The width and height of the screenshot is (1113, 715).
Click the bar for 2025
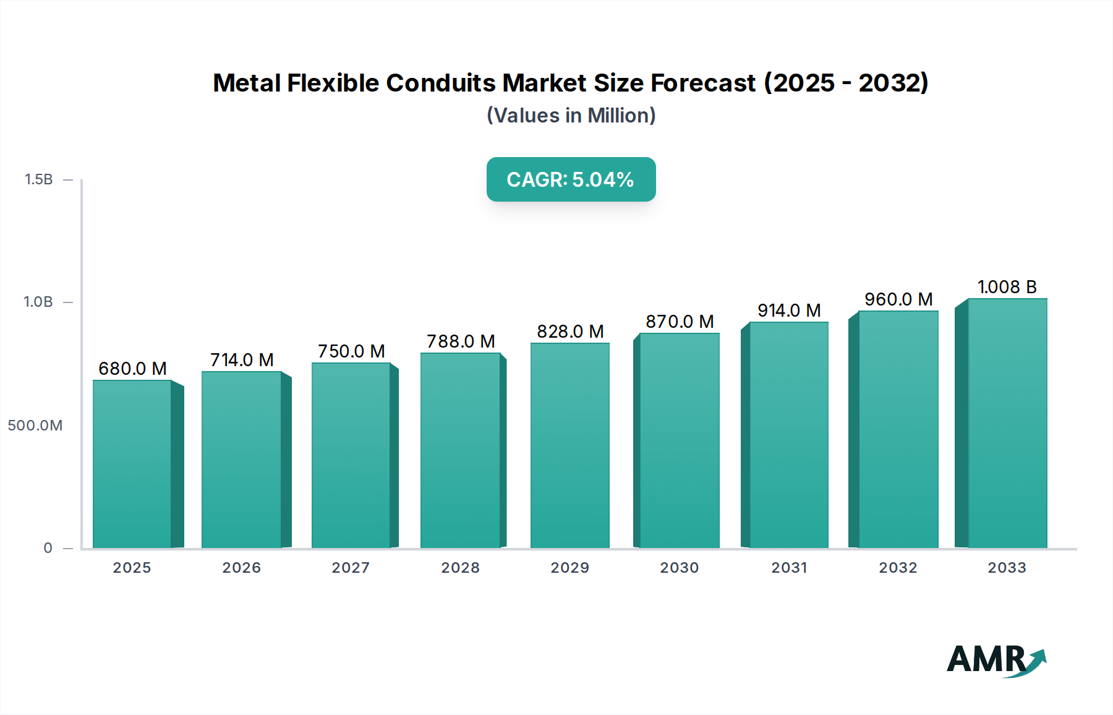pos(132,464)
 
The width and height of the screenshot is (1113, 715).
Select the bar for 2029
pos(570,445)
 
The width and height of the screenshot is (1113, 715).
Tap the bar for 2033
pos(1007,424)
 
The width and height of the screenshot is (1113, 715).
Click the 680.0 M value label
pos(133,369)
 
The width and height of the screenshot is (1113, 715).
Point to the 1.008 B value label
pos(1007,287)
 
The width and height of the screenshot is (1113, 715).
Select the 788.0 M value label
pos(461,341)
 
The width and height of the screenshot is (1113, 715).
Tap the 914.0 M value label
pos(789,310)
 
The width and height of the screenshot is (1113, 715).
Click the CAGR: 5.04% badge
pos(571,179)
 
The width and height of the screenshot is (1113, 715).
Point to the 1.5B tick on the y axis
pos(39,179)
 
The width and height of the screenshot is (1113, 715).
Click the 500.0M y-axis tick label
pos(35,426)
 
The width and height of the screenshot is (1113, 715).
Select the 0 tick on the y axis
pos(48,548)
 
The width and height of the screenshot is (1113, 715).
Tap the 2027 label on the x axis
pos(351,568)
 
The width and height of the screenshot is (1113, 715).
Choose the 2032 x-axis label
pos(898,568)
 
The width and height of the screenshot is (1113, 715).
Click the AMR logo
pos(996,659)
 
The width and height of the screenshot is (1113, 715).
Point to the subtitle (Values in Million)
pos(571,116)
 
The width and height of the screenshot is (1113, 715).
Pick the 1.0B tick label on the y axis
pos(38,302)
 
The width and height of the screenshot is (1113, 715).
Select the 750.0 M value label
pos(351,351)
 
